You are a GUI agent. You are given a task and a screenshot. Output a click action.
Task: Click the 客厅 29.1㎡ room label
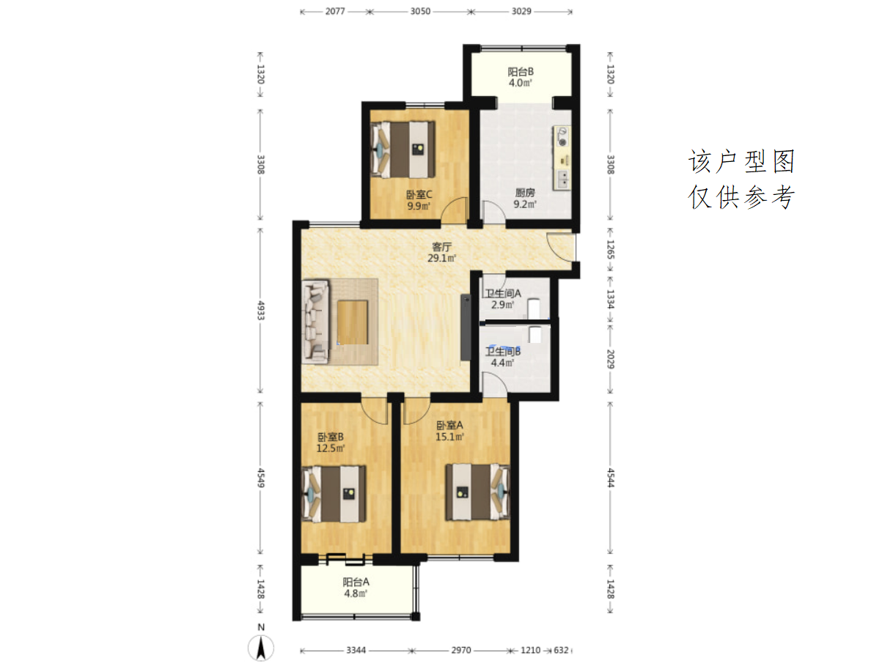(x=441, y=252)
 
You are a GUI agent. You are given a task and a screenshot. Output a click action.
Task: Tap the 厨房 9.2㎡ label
(x=524, y=198)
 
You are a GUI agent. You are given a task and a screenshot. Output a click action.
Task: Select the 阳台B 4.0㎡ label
(x=521, y=77)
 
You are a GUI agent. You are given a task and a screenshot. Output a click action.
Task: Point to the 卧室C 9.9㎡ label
(x=419, y=200)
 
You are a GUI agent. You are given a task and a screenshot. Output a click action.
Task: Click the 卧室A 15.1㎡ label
(x=449, y=430)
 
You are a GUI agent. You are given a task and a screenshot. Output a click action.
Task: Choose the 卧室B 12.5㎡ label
(x=331, y=442)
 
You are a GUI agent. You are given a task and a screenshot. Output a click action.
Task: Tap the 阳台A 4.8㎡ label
(x=356, y=587)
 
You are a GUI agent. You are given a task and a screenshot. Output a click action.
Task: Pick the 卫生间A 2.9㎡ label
(x=503, y=299)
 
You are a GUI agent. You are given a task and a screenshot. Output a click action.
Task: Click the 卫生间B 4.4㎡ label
(x=503, y=357)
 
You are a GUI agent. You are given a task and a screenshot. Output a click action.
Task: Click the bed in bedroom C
(x=403, y=149)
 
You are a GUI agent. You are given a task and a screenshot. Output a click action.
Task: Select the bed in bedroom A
(x=478, y=492)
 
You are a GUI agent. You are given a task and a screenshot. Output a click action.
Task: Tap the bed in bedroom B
(x=334, y=494)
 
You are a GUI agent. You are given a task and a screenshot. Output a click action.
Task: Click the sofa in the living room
(x=315, y=321)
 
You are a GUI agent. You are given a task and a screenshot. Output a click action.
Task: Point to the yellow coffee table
(x=353, y=322)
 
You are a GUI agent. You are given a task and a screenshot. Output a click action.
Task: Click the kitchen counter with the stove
(x=562, y=158)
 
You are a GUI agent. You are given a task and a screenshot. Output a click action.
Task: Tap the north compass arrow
(x=261, y=648)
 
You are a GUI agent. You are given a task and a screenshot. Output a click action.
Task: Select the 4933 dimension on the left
(x=260, y=311)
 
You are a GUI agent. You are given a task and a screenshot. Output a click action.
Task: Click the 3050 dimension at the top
(x=420, y=11)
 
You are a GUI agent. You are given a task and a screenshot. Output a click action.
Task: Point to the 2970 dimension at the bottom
(x=460, y=650)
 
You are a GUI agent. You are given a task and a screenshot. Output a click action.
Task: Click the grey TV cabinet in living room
(x=466, y=328)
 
